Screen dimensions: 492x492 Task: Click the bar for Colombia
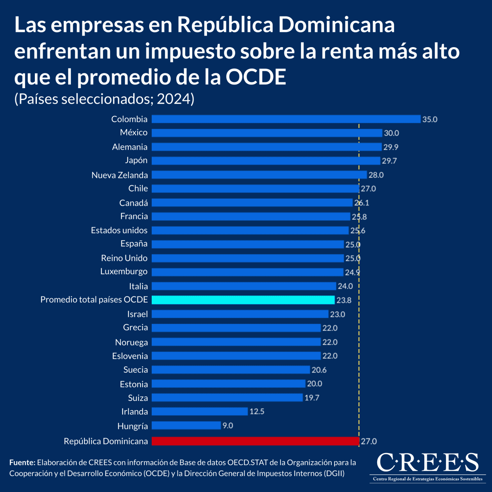point(286,119)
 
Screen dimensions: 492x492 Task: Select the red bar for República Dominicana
point(255,441)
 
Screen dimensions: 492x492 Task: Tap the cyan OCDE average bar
point(243,300)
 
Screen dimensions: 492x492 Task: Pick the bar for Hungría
point(186,426)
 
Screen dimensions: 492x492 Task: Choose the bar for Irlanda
point(200,411)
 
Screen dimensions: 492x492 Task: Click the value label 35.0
point(430,119)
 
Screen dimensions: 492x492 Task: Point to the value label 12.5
point(257,411)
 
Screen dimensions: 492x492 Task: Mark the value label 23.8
point(344,300)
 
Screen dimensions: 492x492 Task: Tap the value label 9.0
point(228,426)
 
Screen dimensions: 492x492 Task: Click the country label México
point(134,132)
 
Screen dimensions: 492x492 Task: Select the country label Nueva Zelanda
point(120,175)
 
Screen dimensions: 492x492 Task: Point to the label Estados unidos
point(119,230)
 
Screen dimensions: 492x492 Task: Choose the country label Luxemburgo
point(124,271)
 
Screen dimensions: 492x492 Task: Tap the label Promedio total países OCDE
point(94,300)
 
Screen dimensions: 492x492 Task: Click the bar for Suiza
point(227,398)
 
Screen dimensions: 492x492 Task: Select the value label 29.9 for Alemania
point(391,147)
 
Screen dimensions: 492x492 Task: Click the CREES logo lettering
point(428,462)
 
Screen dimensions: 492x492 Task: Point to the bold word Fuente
point(22,462)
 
